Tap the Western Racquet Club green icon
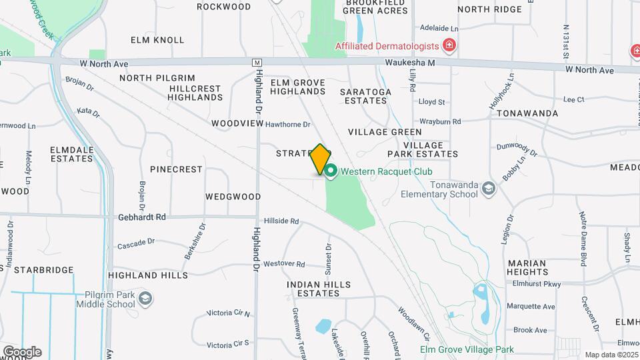[x=331, y=171]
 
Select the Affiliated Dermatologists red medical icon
[x=450, y=46]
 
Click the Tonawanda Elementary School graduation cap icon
[x=489, y=188]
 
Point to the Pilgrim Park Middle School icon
[x=145, y=299]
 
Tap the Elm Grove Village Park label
[x=467, y=349]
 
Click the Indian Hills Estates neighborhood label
[x=319, y=289]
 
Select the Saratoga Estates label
[x=363, y=96]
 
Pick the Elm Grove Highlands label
[x=298, y=87]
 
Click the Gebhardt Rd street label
[x=142, y=217]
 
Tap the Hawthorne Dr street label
[x=288, y=125]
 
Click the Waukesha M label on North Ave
[x=409, y=63]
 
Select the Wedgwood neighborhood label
[x=233, y=197]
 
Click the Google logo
[x=22, y=351]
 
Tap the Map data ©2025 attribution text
[x=611, y=355]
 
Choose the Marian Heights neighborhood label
[x=527, y=267]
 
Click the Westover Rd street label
[x=284, y=264]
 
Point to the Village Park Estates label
[x=431, y=149]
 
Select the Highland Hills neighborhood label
[x=148, y=275]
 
